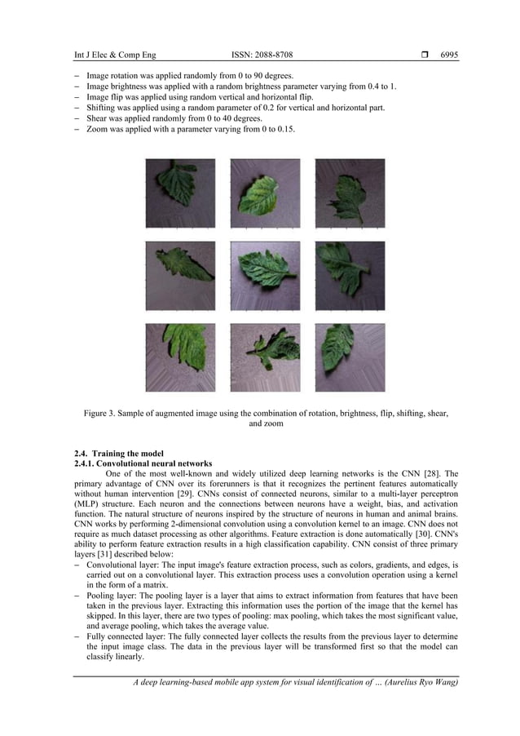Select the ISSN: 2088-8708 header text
[x=262, y=55]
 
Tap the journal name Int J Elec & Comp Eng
[x=115, y=55]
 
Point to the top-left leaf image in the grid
[x=180, y=193]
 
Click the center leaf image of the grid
[x=265, y=276]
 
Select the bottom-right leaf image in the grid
[x=350, y=357]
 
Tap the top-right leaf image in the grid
[x=350, y=193]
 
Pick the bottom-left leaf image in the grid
[x=180, y=357]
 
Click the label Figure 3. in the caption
[x=103, y=414]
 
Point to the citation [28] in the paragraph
[x=435, y=473]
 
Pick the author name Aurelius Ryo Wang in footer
[x=417, y=683]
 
